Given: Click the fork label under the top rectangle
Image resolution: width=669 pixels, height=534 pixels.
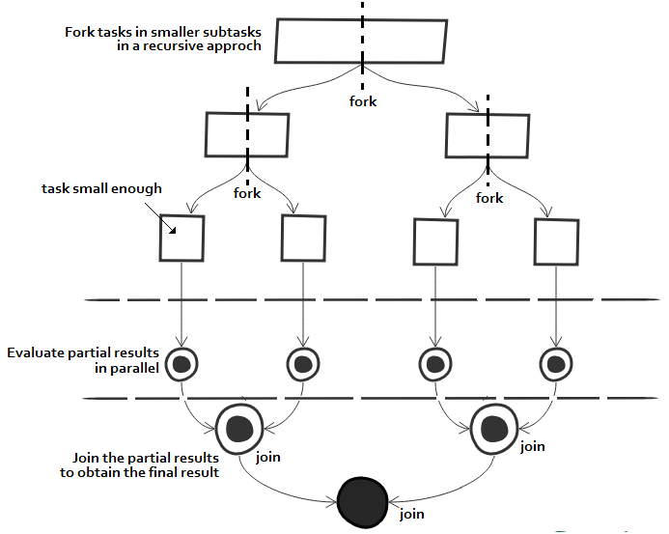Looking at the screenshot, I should point(363,101).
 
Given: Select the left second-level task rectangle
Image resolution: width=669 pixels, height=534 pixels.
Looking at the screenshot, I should point(247,134).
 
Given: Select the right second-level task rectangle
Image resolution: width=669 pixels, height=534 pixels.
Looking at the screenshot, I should point(486,134).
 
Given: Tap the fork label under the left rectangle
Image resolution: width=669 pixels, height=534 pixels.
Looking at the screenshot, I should point(248,193).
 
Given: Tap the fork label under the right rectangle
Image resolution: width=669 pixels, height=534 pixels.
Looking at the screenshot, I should point(489,198).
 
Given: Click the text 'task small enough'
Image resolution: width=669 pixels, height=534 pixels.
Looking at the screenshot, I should point(101,188).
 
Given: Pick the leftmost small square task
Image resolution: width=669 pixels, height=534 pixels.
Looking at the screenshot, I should point(181,238).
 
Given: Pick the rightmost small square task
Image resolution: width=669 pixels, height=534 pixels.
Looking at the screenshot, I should point(557,240).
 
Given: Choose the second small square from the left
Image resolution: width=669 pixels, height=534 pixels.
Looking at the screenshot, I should point(302,238).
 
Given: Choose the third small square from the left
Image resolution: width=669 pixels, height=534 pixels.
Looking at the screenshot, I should point(434,241).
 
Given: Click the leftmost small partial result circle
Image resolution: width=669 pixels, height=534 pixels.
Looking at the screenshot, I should point(181,364).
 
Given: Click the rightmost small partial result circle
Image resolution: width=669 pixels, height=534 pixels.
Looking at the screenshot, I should point(556,364).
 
